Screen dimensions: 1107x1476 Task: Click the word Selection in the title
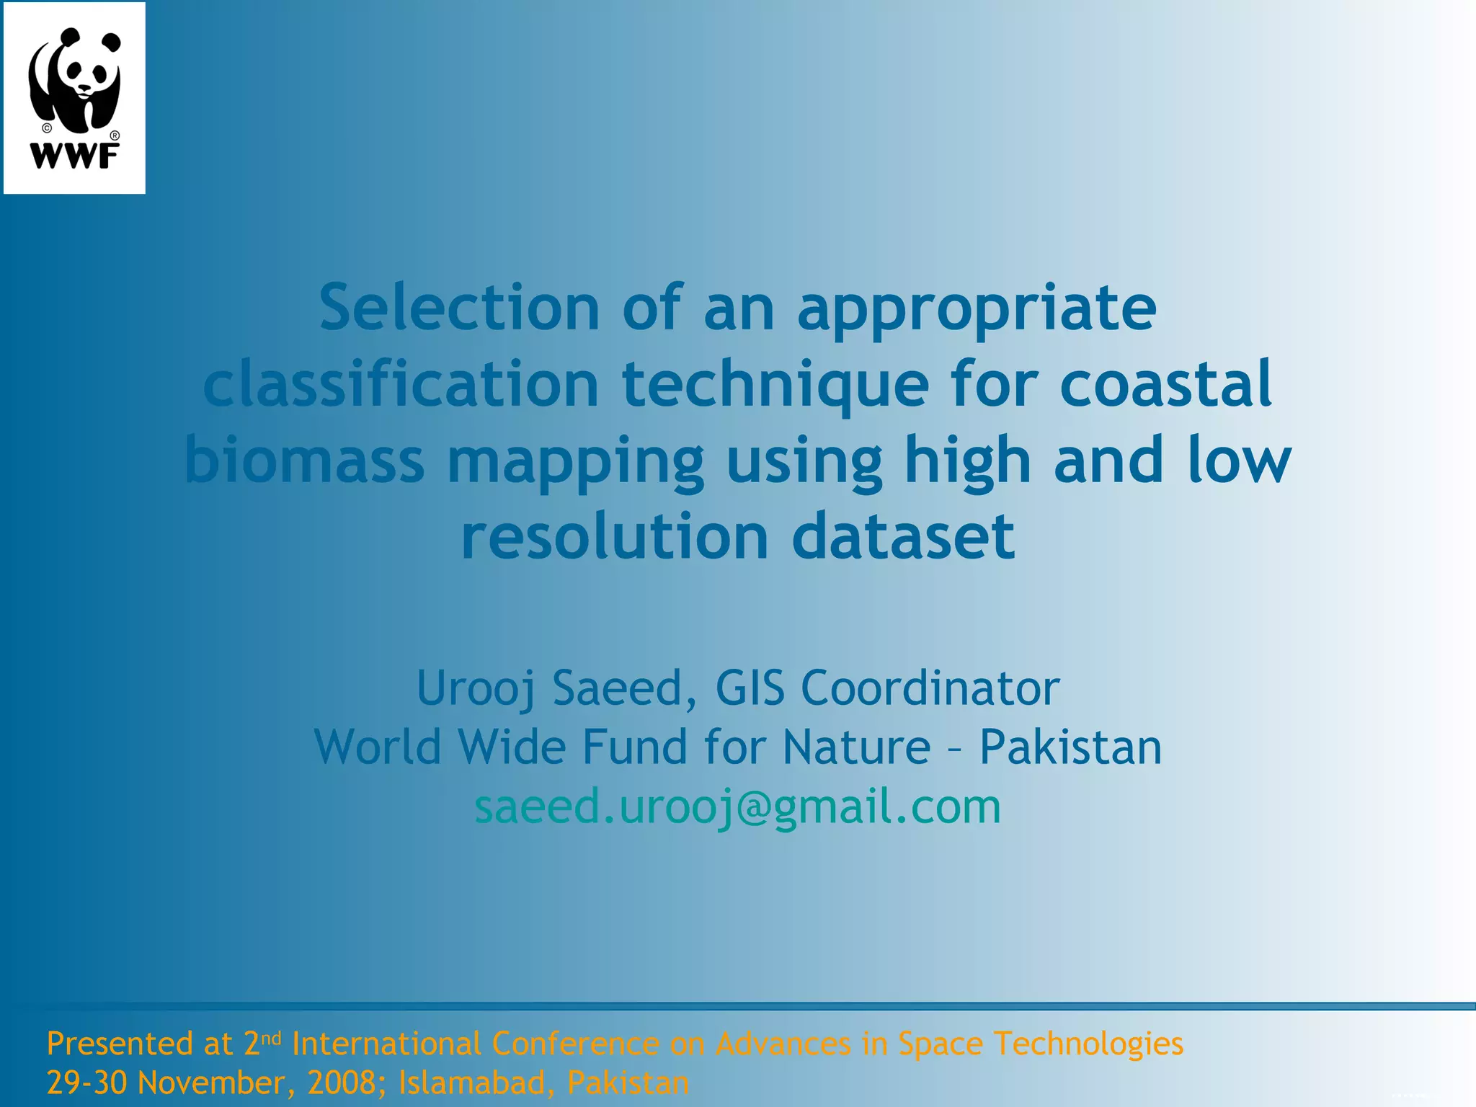(x=459, y=308)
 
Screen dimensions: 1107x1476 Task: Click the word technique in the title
(x=775, y=386)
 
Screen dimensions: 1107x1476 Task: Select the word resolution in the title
(x=615, y=536)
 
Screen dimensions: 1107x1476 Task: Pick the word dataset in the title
(x=903, y=536)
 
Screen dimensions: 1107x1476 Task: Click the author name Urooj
(x=476, y=689)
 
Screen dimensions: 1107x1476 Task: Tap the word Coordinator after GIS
(x=930, y=688)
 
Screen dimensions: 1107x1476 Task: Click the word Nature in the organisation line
(x=856, y=747)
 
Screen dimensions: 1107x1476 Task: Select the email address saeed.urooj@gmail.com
(x=737, y=806)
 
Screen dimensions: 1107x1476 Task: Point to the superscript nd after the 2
(x=271, y=1038)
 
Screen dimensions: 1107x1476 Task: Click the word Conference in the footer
(x=575, y=1044)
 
